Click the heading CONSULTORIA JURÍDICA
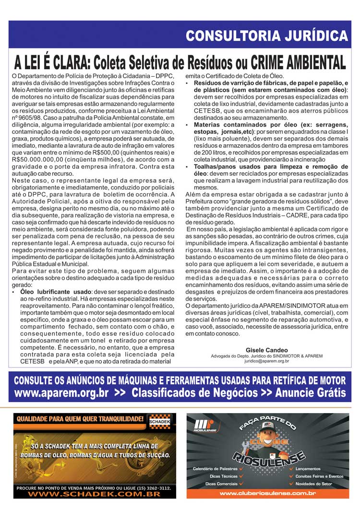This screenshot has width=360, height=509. pos(266,36)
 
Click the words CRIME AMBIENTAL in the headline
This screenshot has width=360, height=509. pos(298,62)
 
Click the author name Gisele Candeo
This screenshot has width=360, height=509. pos(266,350)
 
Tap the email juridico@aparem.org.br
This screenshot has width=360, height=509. pos(267,361)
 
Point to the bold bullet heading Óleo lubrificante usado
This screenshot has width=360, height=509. pos(55,292)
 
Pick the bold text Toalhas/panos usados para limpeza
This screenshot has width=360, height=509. pos(250,166)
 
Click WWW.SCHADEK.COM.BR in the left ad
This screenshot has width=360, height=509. pos(94,494)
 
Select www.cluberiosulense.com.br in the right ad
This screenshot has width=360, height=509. pos(267,493)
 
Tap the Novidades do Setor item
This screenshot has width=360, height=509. pos(314,484)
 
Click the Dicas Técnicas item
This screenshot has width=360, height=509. pos(223,476)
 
